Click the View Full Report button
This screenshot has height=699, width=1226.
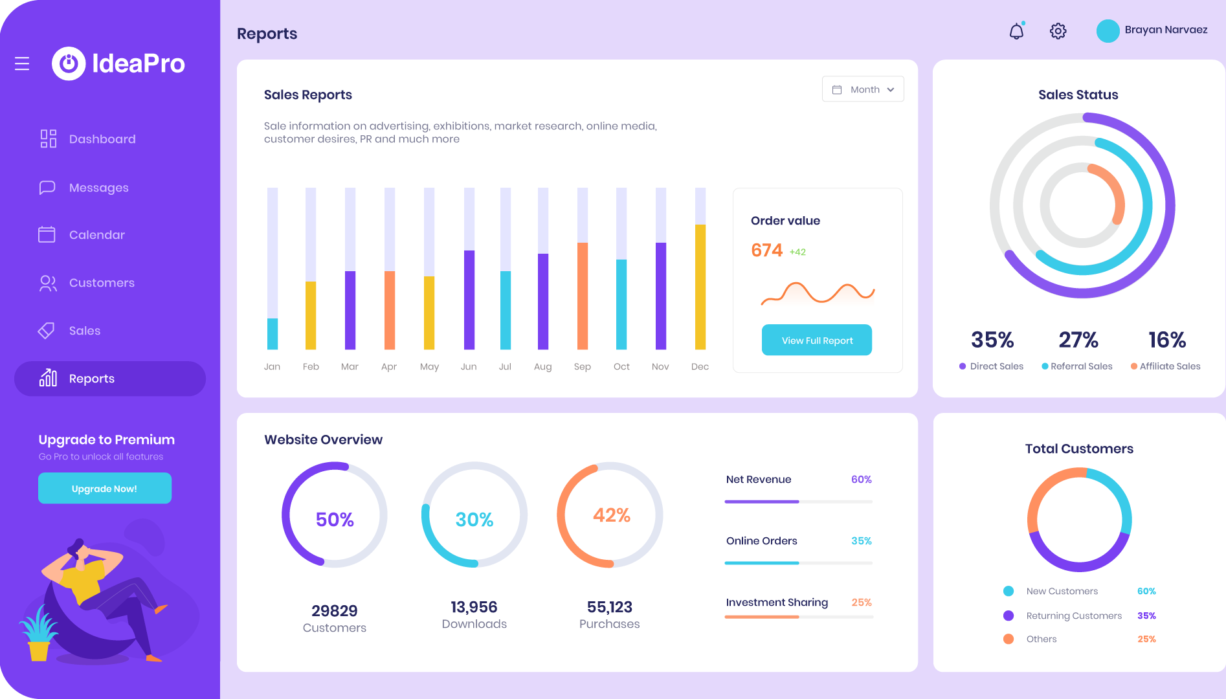(x=816, y=340)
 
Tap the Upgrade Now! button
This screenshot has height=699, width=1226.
(x=104, y=489)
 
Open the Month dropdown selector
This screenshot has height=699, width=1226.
(x=863, y=89)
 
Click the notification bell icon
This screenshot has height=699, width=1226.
(x=1016, y=31)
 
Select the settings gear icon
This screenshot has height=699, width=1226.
(x=1058, y=31)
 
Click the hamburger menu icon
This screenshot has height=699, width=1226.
(x=22, y=63)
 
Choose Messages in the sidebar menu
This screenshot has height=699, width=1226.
(x=98, y=188)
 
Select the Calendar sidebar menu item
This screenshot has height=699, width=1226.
(x=96, y=235)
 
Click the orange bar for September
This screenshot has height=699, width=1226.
(x=583, y=296)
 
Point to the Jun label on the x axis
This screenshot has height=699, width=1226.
(x=469, y=366)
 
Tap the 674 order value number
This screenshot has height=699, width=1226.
(x=766, y=250)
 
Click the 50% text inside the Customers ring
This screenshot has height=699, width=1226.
(x=335, y=520)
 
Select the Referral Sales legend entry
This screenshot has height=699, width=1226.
(x=1080, y=366)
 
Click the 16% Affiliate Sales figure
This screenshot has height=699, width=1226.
(x=1167, y=340)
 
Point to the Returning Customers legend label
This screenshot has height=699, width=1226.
(x=1074, y=616)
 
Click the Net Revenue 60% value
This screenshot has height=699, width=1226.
(x=861, y=480)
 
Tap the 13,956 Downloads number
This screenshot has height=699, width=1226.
(x=474, y=607)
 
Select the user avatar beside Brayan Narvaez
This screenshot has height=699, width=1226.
(x=1108, y=31)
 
